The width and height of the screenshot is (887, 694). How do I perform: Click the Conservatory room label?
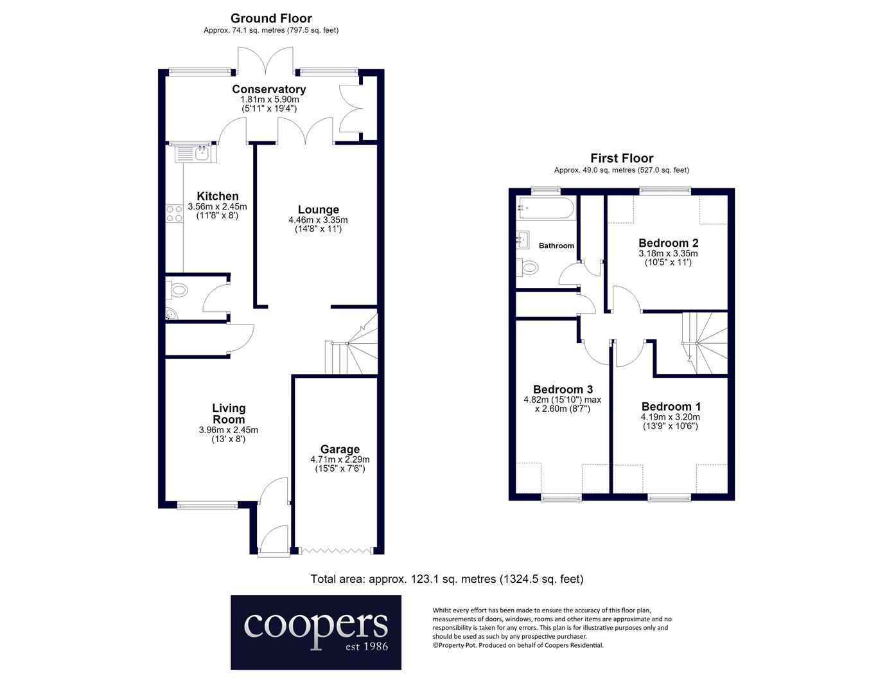coord(269,89)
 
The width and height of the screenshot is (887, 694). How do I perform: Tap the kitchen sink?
coord(196,154)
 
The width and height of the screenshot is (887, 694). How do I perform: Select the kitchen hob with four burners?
coord(174,213)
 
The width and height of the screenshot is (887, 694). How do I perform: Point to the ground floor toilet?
coord(177,290)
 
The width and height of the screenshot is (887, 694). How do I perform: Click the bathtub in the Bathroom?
coord(546,208)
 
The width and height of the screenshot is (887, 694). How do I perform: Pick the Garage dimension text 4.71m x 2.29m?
coord(340,459)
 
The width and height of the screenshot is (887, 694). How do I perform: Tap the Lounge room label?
coord(319,209)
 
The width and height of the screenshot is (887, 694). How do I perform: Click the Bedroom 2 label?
coord(668,243)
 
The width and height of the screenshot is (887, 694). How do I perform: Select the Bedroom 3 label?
coord(563,389)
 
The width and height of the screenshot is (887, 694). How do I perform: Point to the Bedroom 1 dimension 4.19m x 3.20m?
coord(671,417)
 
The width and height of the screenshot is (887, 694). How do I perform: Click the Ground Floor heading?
coord(271,19)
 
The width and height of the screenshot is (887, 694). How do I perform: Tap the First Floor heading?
coord(622,158)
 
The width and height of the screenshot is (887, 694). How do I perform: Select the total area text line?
coord(447,579)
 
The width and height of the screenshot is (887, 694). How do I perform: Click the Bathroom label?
coord(556,245)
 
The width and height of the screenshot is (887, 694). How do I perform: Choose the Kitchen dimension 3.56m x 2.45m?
coord(217,206)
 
